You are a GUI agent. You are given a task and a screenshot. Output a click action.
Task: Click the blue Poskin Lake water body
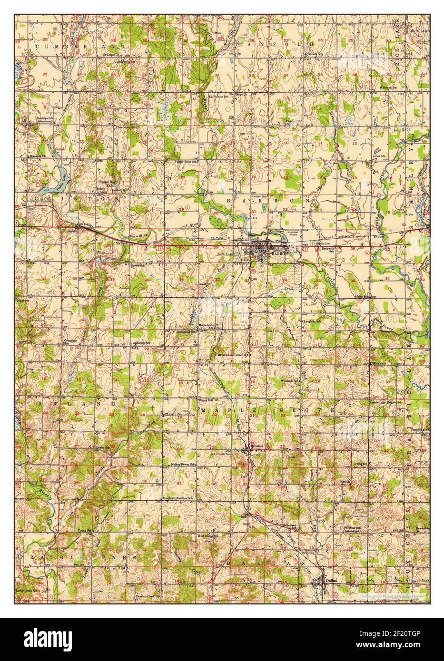pyautogui.click(x=56, y=177)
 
